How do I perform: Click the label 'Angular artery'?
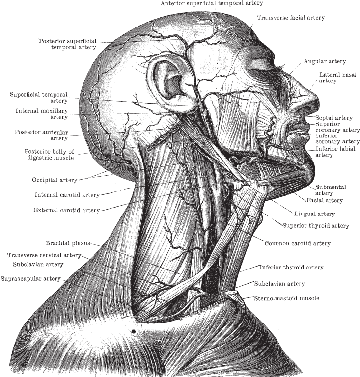point(325,61)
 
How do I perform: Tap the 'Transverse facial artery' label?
point(291,18)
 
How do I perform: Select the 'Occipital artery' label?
point(55,180)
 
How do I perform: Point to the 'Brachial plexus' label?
point(68,243)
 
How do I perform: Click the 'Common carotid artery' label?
point(298,243)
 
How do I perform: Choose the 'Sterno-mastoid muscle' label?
point(287,298)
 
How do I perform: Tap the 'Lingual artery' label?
point(314,214)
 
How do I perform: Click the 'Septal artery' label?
point(334,118)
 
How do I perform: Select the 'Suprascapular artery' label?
point(30,279)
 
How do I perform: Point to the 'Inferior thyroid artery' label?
point(291,268)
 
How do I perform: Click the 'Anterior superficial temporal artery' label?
point(212,3)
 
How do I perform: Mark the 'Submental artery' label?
point(331,190)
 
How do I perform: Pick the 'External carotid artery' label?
point(67,210)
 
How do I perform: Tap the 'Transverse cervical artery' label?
point(44,255)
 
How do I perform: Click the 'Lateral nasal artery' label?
point(337,78)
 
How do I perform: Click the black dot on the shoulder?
point(134,331)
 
